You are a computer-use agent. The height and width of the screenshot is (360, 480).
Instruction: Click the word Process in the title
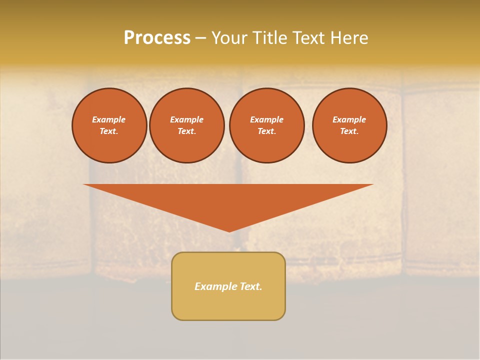[x=157, y=38]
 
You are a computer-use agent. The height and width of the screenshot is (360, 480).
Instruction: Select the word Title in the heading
[x=271, y=38]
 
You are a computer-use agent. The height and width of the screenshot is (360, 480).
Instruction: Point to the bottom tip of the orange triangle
[x=229, y=231]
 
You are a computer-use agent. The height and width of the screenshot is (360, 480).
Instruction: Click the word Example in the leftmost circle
[x=109, y=119]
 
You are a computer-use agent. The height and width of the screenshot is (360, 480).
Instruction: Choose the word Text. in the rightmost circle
[x=349, y=131]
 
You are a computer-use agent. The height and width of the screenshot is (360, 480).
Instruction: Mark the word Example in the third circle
[x=266, y=119]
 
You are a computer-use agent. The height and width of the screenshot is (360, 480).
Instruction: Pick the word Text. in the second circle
[x=187, y=131]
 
